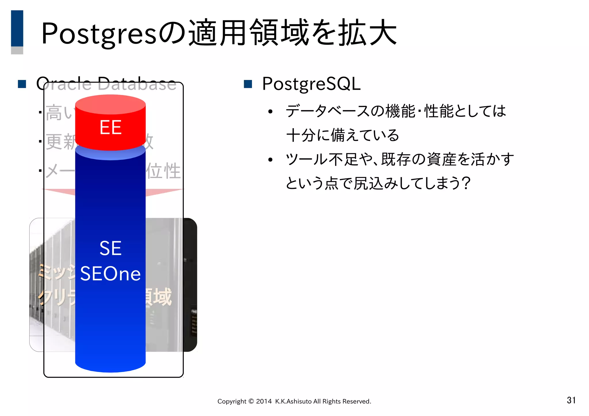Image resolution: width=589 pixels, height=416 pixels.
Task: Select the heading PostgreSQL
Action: click(x=311, y=84)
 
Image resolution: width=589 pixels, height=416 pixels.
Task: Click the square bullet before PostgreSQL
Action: click(x=248, y=84)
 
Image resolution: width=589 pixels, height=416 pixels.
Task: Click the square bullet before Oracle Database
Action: click(x=22, y=84)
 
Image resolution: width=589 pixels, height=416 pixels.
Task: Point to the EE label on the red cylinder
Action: click(x=110, y=127)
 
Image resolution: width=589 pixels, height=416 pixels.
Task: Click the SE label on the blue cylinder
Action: click(x=110, y=248)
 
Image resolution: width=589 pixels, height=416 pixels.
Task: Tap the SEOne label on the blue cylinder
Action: click(x=110, y=273)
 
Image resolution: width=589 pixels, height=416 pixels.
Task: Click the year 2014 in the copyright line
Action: click(x=264, y=401)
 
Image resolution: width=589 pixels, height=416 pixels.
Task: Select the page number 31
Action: click(x=571, y=400)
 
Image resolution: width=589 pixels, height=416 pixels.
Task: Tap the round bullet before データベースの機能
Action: click(x=270, y=112)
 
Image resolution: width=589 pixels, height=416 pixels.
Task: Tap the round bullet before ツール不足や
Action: click(x=270, y=160)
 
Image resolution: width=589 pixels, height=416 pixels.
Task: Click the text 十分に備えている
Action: click(x=343, y=135)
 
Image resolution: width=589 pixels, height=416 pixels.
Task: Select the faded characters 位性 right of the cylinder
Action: click(x=163, y=171)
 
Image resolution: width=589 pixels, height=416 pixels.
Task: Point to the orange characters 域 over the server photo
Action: click(x=162, y=297)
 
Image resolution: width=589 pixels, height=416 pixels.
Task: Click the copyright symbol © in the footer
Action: click(x=251, y=401)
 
